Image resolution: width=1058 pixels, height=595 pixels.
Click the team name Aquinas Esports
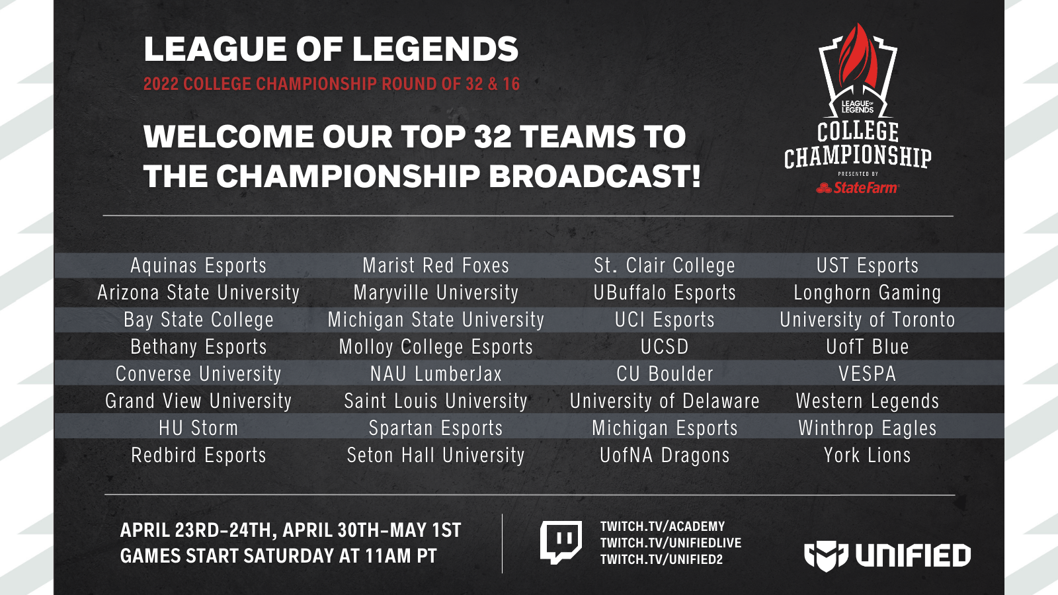pos(198,266)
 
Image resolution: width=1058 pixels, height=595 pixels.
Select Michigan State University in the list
pos(436,320)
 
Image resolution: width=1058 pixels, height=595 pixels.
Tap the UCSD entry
pos(665,347)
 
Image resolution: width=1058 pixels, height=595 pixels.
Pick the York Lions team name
pos(867,456)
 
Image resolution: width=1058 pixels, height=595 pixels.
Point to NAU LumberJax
pos(436,374)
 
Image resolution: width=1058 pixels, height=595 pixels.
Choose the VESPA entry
pos(867,374)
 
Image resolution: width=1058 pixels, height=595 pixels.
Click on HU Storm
pos(198,428)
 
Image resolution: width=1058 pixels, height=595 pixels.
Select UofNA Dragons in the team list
pos(665,456)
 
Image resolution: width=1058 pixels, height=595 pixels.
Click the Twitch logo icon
pos(561,542)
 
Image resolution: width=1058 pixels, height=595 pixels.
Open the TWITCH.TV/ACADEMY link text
pos(662,526)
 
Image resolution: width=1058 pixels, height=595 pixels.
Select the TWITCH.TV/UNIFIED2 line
pos(661,559)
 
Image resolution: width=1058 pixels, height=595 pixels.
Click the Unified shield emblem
pos(826,556)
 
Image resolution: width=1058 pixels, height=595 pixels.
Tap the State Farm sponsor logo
pos(858,188)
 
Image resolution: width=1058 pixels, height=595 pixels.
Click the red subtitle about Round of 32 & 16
pos(331,84)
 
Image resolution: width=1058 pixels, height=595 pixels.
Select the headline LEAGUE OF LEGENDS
pos(331,49)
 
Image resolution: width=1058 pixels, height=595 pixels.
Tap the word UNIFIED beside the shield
pos(913,555)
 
